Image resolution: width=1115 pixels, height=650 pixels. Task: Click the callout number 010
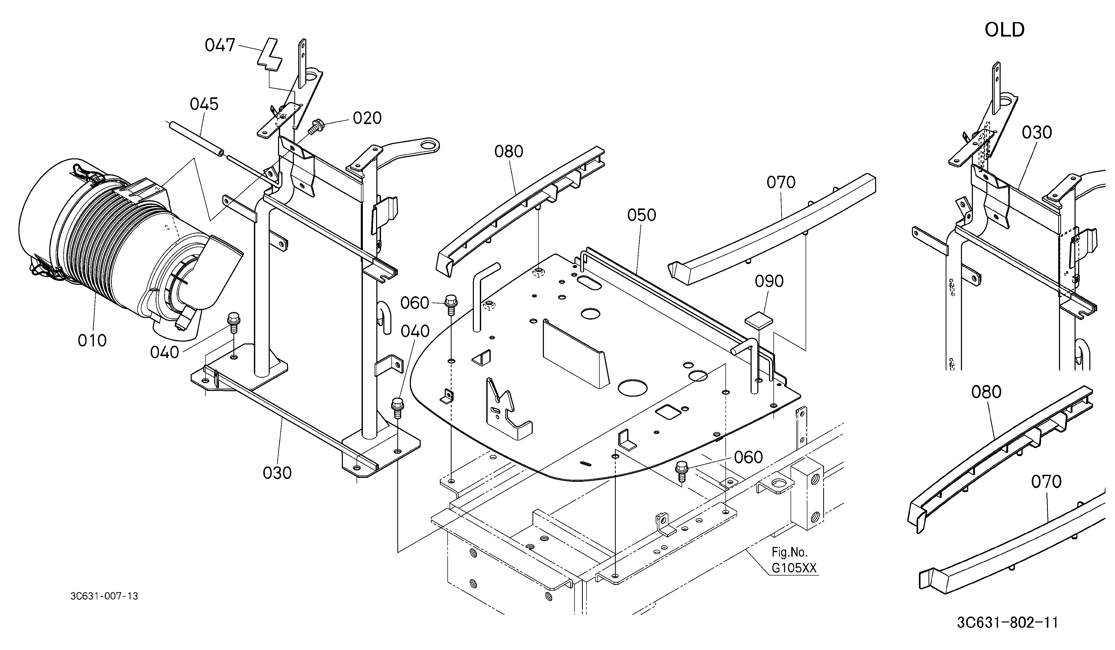[92, 341]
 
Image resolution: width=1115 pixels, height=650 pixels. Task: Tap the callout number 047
[220, 45]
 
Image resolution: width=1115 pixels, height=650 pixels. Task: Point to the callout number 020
[367, 118]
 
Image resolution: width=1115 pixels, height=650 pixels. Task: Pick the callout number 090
[769, 281]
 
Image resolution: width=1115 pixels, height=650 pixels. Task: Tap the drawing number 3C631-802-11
[1007, 622]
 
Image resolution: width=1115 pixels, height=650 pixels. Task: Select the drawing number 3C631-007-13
[104, 596]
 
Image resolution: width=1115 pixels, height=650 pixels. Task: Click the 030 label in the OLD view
[1037, 132]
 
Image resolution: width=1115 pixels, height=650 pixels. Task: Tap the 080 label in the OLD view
[986, 392]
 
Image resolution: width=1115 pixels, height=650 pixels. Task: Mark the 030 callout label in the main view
[277, 473]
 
